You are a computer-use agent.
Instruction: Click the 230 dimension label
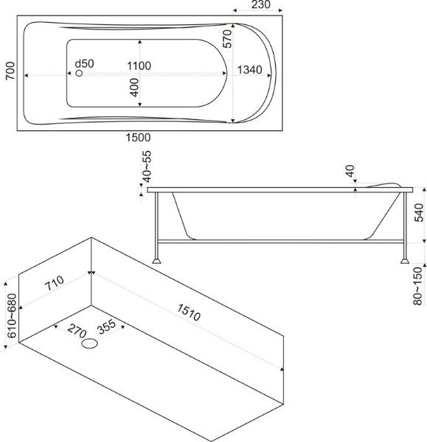pos(260,4)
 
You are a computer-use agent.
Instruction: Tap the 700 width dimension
pos(10,71)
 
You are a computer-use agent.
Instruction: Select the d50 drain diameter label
pos(84,63)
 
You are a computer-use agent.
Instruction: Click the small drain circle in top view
pos(80,73)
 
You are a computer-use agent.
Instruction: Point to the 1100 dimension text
pos(139,66)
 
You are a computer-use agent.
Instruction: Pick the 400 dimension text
pos(135,88)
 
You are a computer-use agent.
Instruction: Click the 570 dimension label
pos(227,38)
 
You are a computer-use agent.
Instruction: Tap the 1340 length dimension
pos(249,70)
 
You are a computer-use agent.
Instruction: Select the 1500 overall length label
pos(138,138)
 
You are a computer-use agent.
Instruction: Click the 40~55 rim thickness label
pos(147,166)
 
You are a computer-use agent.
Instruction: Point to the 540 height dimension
pos(419,213)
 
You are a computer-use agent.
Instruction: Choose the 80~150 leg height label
pos(417,286)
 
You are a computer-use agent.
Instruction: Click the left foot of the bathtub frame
pos(156,261)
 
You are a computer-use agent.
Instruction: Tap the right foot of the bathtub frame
pos(405,261)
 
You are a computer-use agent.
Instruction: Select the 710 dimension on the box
pos(55,283)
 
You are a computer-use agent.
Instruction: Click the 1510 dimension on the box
pos(189,312)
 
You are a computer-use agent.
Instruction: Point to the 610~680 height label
pos(12,316)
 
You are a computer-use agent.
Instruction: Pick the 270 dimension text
pos(77,331)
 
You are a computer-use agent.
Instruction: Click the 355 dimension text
pos(106,326)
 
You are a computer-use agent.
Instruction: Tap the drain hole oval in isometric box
pos(89,343)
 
